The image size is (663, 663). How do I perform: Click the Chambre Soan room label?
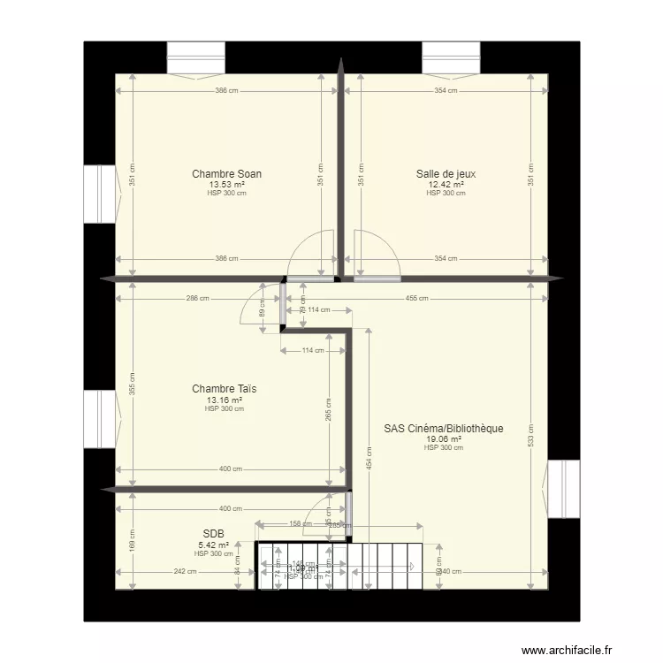(226, 174)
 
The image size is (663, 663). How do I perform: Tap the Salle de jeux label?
(446, 174)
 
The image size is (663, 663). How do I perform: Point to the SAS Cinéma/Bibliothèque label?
(443, 429)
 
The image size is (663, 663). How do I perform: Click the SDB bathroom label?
(213, 534)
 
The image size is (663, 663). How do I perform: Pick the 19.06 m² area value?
(444, 438)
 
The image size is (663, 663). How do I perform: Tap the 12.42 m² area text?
(446, 184)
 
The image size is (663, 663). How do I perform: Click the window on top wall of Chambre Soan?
(197, 59)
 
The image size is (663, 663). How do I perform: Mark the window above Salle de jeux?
(451, 59)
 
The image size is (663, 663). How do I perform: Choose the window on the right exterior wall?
(563, 489)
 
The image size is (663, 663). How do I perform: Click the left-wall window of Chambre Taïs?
(101, 421)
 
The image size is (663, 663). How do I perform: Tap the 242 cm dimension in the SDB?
(185, 571)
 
